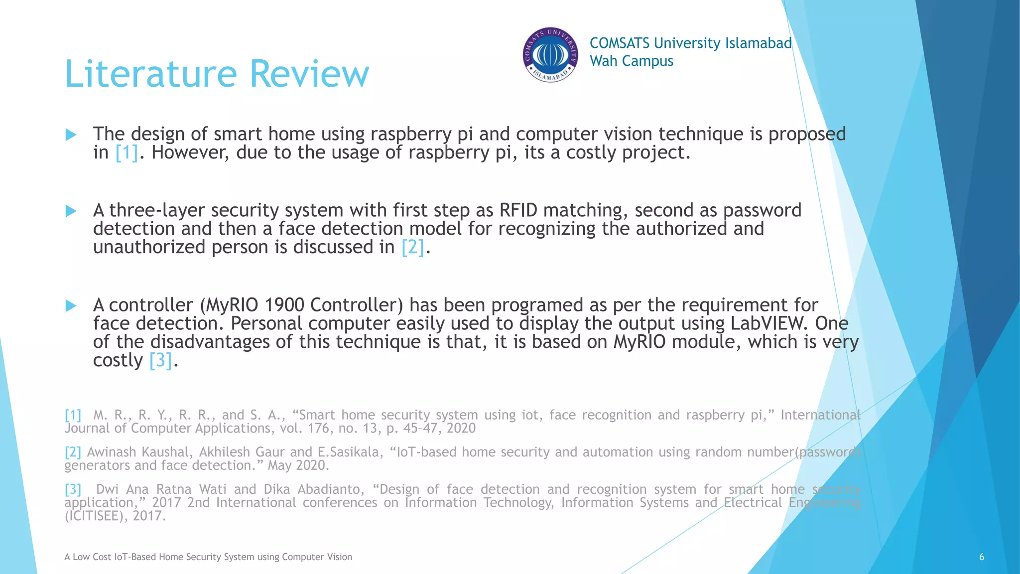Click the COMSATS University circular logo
[550, 55]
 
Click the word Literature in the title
[151, 74]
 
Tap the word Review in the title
[309, 74]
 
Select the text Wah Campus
[631, 61]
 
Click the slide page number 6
[981, 557]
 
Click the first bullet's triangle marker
[71, 135]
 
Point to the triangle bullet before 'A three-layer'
[71, 211]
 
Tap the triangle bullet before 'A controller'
[71, 305]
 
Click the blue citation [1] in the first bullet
[127, 152]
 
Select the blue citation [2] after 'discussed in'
[413, 247]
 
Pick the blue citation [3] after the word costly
[161, 360]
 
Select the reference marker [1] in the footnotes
[73, 415]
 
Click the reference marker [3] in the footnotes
[73, 489]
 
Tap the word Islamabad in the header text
[758, 43]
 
